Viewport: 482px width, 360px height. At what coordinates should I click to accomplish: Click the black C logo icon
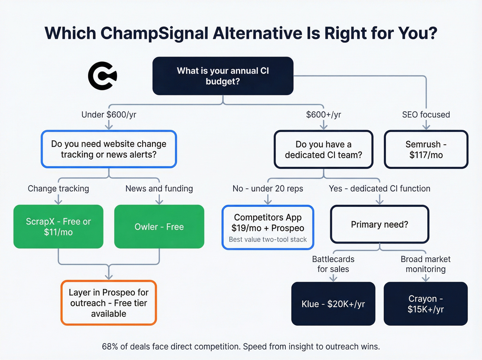pos(102,76)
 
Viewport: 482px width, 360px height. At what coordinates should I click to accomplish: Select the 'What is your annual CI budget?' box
pos(223,76)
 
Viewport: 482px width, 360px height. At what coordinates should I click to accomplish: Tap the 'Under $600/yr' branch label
pos(109,115)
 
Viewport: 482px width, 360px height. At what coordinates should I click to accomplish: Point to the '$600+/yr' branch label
pos(323,115)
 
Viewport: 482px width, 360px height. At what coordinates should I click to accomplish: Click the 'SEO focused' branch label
pos(426,115)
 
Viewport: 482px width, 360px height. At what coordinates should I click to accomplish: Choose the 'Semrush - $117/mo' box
pos(426,150)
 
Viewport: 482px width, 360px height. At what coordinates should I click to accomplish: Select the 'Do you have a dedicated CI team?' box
pos(323,150)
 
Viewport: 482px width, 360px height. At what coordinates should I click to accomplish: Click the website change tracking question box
pos(109,149)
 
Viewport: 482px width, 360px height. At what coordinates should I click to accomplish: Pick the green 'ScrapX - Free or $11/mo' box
pos(59,227)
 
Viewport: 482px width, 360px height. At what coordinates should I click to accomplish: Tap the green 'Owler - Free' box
pos(159,227)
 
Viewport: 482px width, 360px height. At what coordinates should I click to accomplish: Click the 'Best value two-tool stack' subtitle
pos(268,239)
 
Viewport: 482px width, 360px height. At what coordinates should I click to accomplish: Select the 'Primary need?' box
pos(379,225)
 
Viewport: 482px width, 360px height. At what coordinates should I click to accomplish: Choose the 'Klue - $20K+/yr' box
pos(333,304)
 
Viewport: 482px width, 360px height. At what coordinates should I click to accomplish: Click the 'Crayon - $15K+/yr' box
pos(426,304)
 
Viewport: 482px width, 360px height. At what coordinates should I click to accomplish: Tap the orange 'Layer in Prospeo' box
pos(109,303)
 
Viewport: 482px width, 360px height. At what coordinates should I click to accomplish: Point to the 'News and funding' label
pos(159,188)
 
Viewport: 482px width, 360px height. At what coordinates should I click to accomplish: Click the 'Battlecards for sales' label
pos(333,264)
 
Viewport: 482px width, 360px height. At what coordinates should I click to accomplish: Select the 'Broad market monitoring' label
pos(426,264)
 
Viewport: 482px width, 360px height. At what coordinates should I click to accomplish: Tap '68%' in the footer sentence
pos(110,347)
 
